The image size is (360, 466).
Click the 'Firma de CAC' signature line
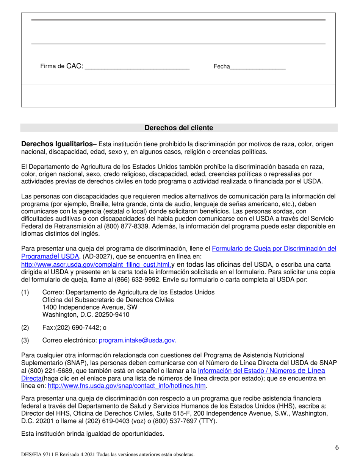pyautogui.click(x=137, y=69)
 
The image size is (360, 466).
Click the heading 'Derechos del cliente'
pyautogui.click(x=179, y=128)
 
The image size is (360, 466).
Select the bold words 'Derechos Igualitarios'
pyautogui.click(x=57, y=144)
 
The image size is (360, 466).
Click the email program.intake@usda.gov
pyautogui.click(x=137, y=341)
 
